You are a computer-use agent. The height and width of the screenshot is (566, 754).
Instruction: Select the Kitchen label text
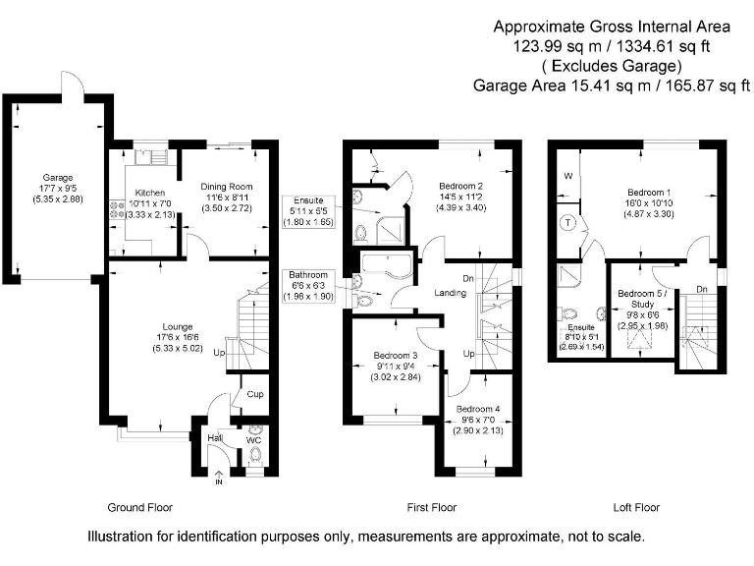click(x=150, y=193)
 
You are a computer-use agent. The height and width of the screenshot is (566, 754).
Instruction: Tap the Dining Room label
click(x=227, y=186)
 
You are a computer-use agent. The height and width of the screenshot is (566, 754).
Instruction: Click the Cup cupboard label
click(x=254, y=394)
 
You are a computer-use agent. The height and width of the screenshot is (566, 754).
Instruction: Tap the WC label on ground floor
click(x=253, y=439)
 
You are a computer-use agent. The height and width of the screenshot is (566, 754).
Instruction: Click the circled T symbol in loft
click(x=567, y=223)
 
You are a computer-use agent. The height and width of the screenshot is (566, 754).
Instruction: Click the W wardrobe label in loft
click(x=566, y=177)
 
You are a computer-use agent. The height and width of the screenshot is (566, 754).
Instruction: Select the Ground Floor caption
click(x=139, y=508)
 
